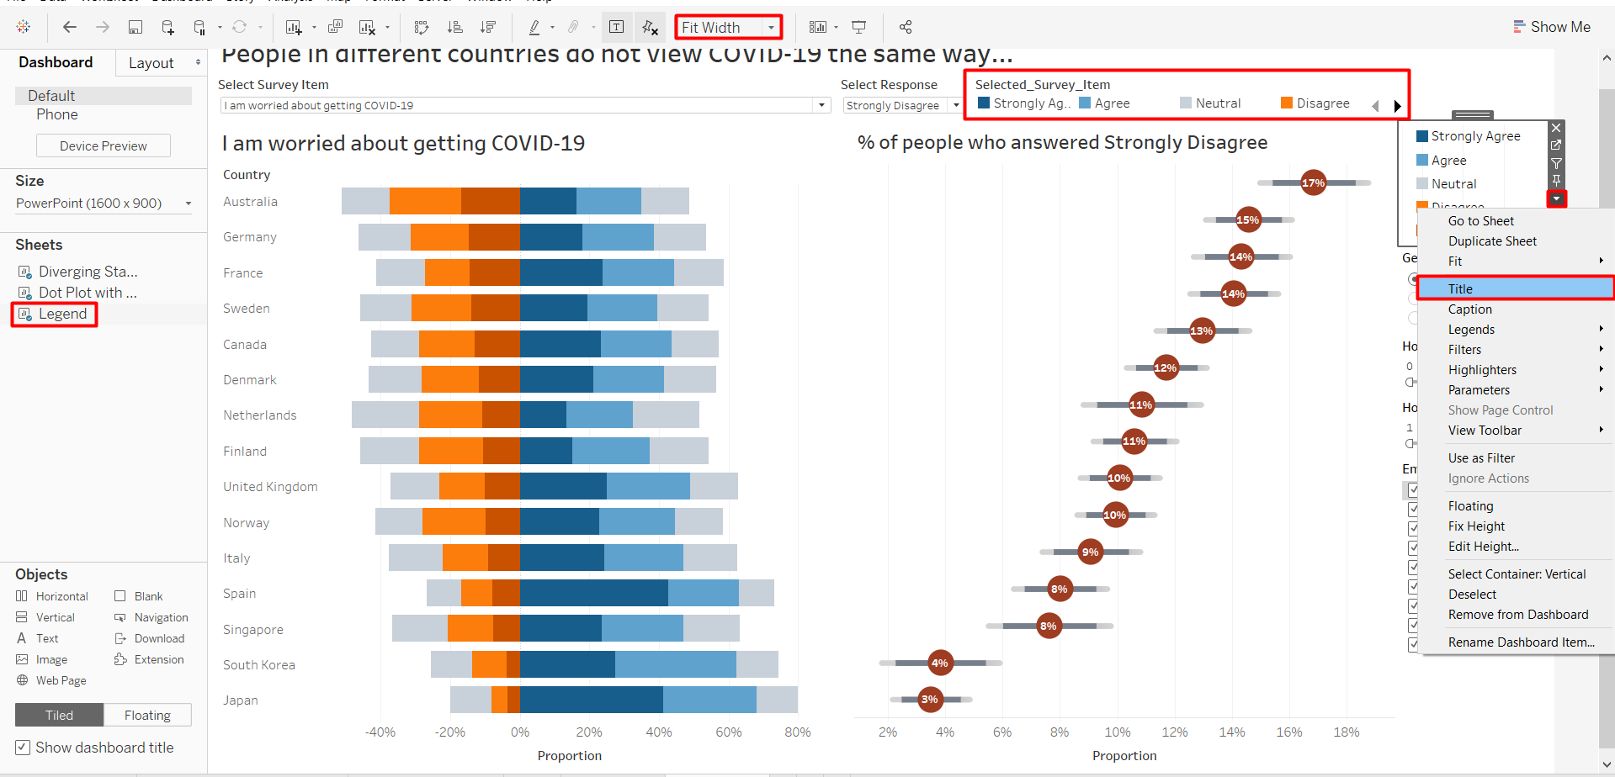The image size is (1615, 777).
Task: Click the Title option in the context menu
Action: pyautogui.click(x=1460, y=288)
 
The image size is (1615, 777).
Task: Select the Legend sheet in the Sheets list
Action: pyautogui.click(x=62, y=314)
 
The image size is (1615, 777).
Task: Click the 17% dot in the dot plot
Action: pyautogui.click(x=1313, y=182)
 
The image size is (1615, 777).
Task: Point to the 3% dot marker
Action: pyautogui.click(x=929, y=699)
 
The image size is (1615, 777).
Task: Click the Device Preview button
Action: pyautogui.click(x=103, y=145)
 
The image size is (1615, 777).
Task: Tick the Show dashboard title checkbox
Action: pyautogui.click(x=23, y=747)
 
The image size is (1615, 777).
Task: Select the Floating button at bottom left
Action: pyautogui.click(x=147, y=715)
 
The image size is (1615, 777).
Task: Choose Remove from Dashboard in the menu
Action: pyautogui.click(x=1517, y=614)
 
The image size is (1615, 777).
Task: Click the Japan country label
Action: pyautogui.click(x=240, y=700)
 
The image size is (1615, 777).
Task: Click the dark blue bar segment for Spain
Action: pyautogui.click(x=593, y=593)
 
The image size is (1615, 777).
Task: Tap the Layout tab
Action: pyautogui.click(x=151, y=63)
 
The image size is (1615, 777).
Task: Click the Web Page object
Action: pyautogui.click(x=61, y=680)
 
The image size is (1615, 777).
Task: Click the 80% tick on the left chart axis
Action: pyautogui.click(x=797, y=732)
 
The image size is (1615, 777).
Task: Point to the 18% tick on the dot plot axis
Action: pyautogui.click(x=1346, y=732)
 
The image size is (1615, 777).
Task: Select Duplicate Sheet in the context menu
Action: pyautogui.click(x=1491, y=240)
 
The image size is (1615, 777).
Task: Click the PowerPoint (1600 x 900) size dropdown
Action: pyautogui.click(x=104, y=203)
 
